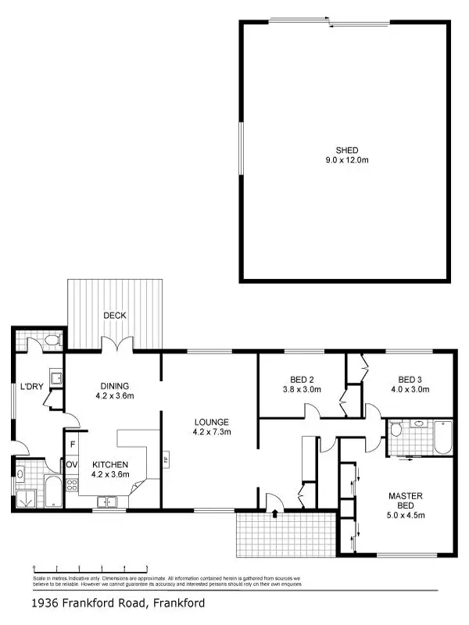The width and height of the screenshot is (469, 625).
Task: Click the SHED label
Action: point(346,150)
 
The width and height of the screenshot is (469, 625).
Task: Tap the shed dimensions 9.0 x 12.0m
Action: point(346,159)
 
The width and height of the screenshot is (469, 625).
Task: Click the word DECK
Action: point(115,316)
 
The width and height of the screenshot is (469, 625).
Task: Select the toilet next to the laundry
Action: point(52,340)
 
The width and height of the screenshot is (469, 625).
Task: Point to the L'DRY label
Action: point(31,386)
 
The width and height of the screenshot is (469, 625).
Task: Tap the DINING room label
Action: point(114,386)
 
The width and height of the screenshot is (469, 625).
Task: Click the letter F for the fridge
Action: point(72,445)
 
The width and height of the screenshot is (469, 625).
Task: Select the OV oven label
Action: point(71,465)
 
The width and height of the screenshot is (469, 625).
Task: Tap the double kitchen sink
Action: point(108,501)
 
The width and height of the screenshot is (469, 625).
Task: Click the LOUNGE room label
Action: point(211,422)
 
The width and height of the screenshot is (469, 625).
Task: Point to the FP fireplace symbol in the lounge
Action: point(166,459)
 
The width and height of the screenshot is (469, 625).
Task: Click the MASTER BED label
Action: point(405,501)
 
